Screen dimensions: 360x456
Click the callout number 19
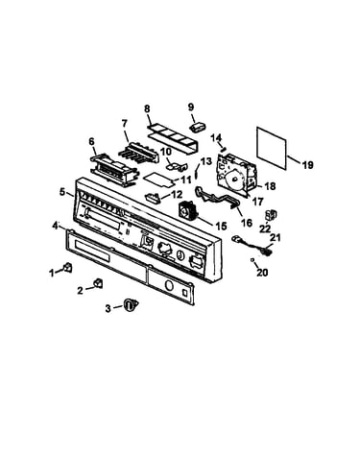(x=308, y=165)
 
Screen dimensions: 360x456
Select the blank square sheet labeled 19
(x=272, y=149)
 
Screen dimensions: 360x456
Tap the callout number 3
(x=108, y=308)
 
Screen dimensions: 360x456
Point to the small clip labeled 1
(x=68, y=267)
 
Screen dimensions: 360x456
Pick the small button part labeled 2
(x=98, y=283)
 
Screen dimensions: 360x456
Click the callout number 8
(x=147, y=108)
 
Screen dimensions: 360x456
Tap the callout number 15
(x=221, y=226)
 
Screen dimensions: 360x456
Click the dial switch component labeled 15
(x=188, y=209)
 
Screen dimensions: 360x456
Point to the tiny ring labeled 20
(x=252, y=261)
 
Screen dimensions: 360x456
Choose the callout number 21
(x=276, y=237)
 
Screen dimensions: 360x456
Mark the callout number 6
(x=92, y=141)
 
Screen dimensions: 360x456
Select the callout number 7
(x=125, y=123)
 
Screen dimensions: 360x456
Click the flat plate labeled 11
(x=158, y=179)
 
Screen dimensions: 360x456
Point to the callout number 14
(x=217, y=138)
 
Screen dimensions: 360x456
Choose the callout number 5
(x=62, y=192)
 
